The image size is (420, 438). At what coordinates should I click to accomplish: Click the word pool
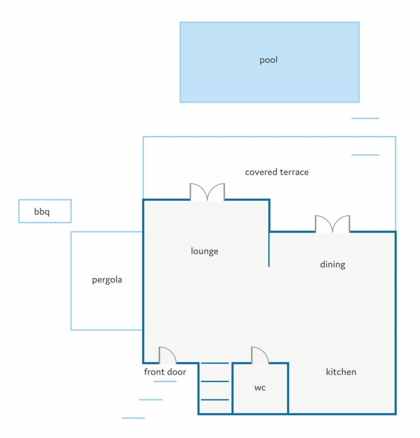[268, 60]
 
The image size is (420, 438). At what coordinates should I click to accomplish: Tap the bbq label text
[42, 211]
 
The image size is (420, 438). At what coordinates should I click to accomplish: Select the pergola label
[107, 280]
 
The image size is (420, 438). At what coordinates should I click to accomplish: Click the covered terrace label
[277, 172]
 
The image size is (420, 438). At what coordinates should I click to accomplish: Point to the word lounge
[204, 251]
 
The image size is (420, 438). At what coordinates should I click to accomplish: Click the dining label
[332, 264]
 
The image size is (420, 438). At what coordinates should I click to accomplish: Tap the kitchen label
[341, 372]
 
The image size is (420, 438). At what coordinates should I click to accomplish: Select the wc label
[260, 388]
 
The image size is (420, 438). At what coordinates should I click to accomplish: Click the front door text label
[165, 372]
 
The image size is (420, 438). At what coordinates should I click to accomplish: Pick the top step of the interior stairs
[215, 363]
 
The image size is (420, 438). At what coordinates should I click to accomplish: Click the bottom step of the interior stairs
[215, 400]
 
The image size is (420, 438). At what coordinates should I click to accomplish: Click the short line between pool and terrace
[365, 119]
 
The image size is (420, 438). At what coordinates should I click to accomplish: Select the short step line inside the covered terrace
[365, 155]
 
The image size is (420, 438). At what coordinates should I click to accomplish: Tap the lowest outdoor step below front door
[133, 418]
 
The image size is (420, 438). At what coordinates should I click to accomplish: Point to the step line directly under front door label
[165, 381]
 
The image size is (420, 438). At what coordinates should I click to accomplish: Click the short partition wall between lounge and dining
[269, 249]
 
